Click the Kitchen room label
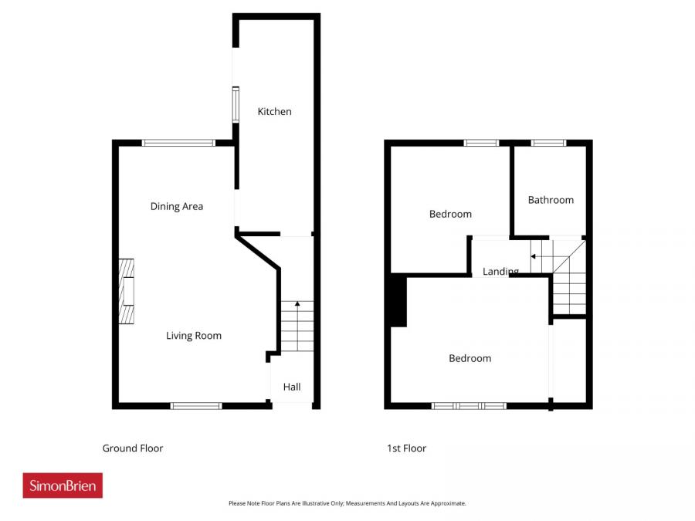274,112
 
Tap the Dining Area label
177,206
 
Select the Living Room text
194,336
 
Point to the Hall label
291,387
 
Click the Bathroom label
551,200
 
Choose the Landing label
500,272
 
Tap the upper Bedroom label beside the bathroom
450,214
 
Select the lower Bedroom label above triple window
470,358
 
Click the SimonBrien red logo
63,485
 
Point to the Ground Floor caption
133,448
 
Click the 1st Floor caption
406,448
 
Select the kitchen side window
236,104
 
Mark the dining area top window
178,143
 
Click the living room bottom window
196,405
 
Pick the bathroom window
548,143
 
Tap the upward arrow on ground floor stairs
297,305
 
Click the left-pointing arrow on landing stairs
533,256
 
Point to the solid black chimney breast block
398,300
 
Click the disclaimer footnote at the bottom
347,503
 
